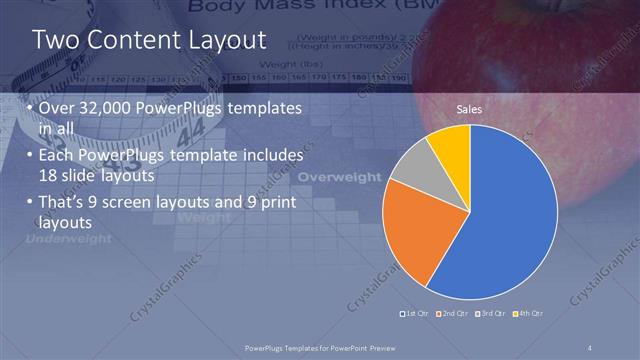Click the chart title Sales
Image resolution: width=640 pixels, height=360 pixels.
pyautogui.click(x=469, y=108)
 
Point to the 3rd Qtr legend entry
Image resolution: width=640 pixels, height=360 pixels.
pyautogui.click(x=492, y=314)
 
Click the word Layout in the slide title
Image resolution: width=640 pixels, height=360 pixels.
pyautogui.click(x=221, y=40)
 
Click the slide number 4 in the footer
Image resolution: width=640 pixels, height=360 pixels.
pyautogui.click(x=590, y=347)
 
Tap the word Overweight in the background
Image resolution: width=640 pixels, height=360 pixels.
pyautogui.click(x=340, y=177)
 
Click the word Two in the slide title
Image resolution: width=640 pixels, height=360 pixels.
pyautogui.click(x=54, y=40)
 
